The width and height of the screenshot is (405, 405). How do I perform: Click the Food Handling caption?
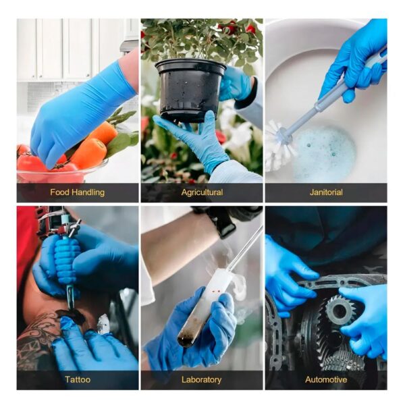pyautogui.click(x=77, y=192)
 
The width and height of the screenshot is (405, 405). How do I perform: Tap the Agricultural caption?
pyautogui.click(x=202, y=192)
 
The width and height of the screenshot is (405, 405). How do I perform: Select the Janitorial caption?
pyautogui.click(x=326, y=192)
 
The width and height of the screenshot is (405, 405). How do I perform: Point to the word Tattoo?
pyautogui.click(x=78, y=379)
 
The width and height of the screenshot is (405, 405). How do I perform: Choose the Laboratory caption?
pyautogui.click(x=201, y=379)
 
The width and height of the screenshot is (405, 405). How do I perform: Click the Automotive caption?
pyautogui.click(x=326, y=379)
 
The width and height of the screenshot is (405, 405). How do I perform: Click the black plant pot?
pyautogui.click(x=190, y=90)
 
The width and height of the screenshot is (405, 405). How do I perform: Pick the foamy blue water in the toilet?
pyautogui.click(x=324, y=153)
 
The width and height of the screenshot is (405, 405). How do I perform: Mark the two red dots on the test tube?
pyautogui.click(x=217, y=291)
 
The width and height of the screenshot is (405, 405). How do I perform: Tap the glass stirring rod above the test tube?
pyautogui.click(x=246, y=248)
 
